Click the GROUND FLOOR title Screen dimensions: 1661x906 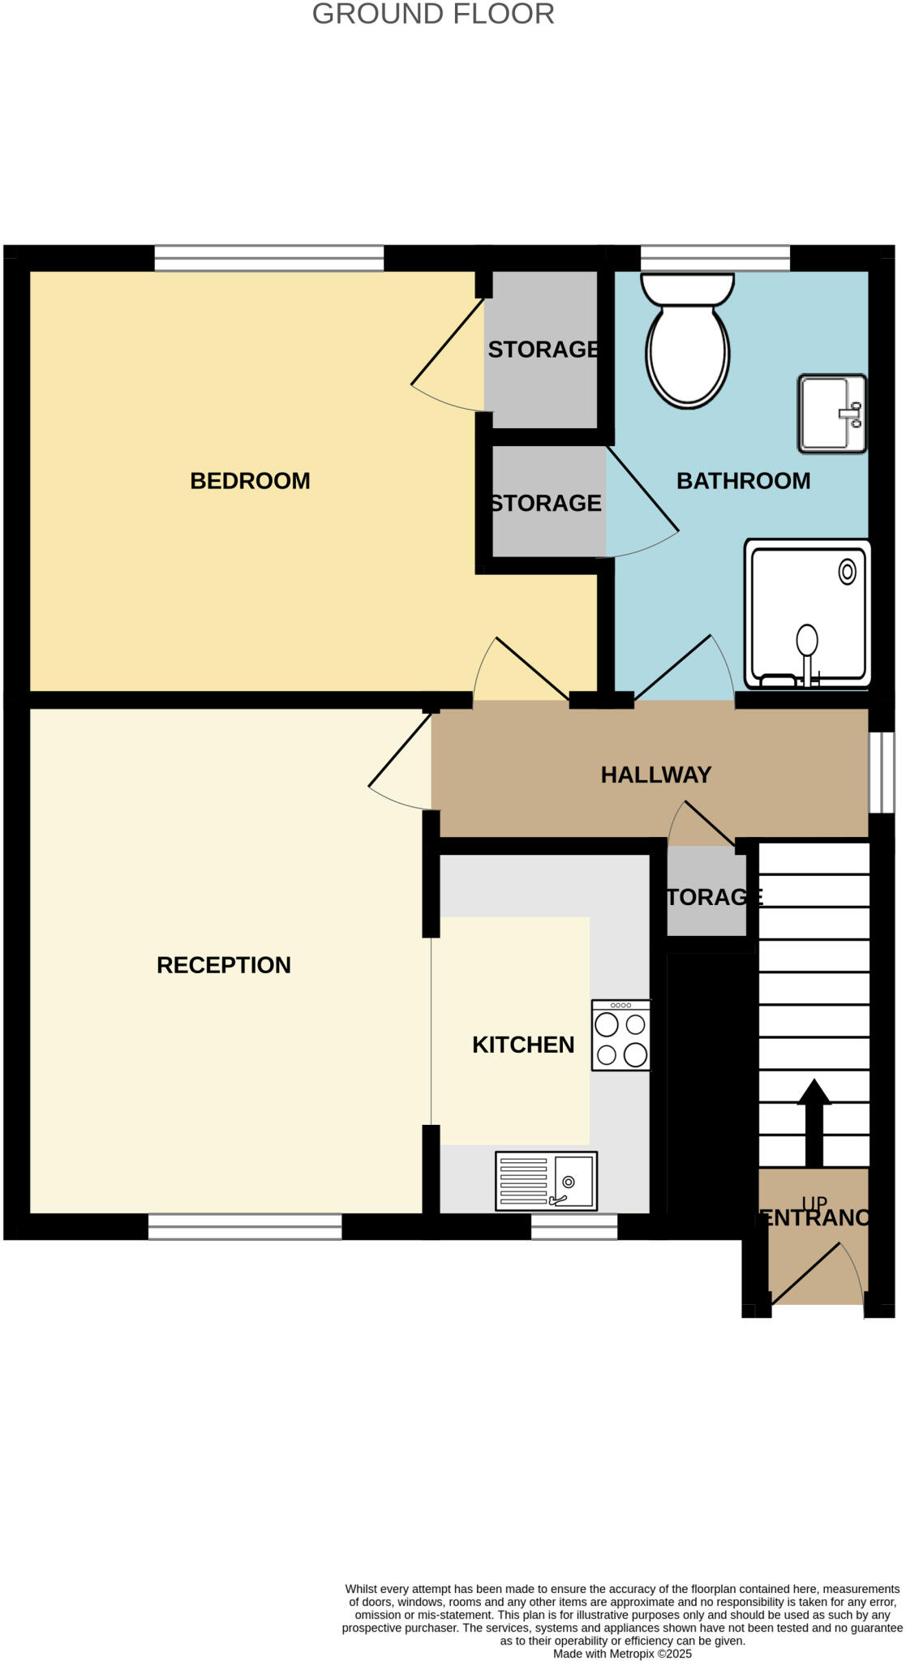pos(433,14)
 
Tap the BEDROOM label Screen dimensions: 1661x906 pos(250,481)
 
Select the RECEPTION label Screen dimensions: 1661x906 pos(223,965)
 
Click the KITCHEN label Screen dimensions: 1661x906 pos(523,1045)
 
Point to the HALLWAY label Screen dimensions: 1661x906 pos(655,775)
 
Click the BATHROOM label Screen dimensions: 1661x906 pos(743,481)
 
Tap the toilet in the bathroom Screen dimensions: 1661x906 pos(688,341)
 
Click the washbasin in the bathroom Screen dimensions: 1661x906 pos(832,414)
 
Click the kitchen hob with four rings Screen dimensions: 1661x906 pos(621,1036)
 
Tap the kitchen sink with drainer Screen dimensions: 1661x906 pos(546,1181)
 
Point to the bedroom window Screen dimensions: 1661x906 pos(268,258)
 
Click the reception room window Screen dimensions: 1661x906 pos(245,1226)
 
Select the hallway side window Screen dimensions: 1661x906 pos(881,772)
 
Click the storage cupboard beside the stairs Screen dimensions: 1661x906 pos(706,892)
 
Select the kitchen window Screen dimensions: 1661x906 pos(574,1226)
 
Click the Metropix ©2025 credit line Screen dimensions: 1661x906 pos(622,1653)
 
